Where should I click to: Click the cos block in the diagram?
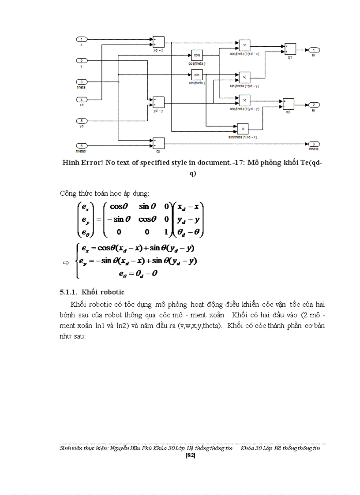197,56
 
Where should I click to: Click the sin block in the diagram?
197,75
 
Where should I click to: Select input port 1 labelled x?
82,40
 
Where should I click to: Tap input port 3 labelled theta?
82,82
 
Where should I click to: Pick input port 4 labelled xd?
82,100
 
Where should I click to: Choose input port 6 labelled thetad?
82,145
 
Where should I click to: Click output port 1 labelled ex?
314,50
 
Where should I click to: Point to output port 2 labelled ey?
314,105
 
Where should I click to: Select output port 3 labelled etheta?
314,144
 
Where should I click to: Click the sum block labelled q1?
290,49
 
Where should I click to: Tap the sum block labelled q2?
288,104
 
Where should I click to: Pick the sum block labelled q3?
158,143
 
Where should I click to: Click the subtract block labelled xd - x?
158,42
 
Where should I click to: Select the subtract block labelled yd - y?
158,102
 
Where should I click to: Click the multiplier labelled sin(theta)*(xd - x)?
243,129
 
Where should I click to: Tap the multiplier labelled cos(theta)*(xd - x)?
244,45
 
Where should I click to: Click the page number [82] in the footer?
191,455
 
